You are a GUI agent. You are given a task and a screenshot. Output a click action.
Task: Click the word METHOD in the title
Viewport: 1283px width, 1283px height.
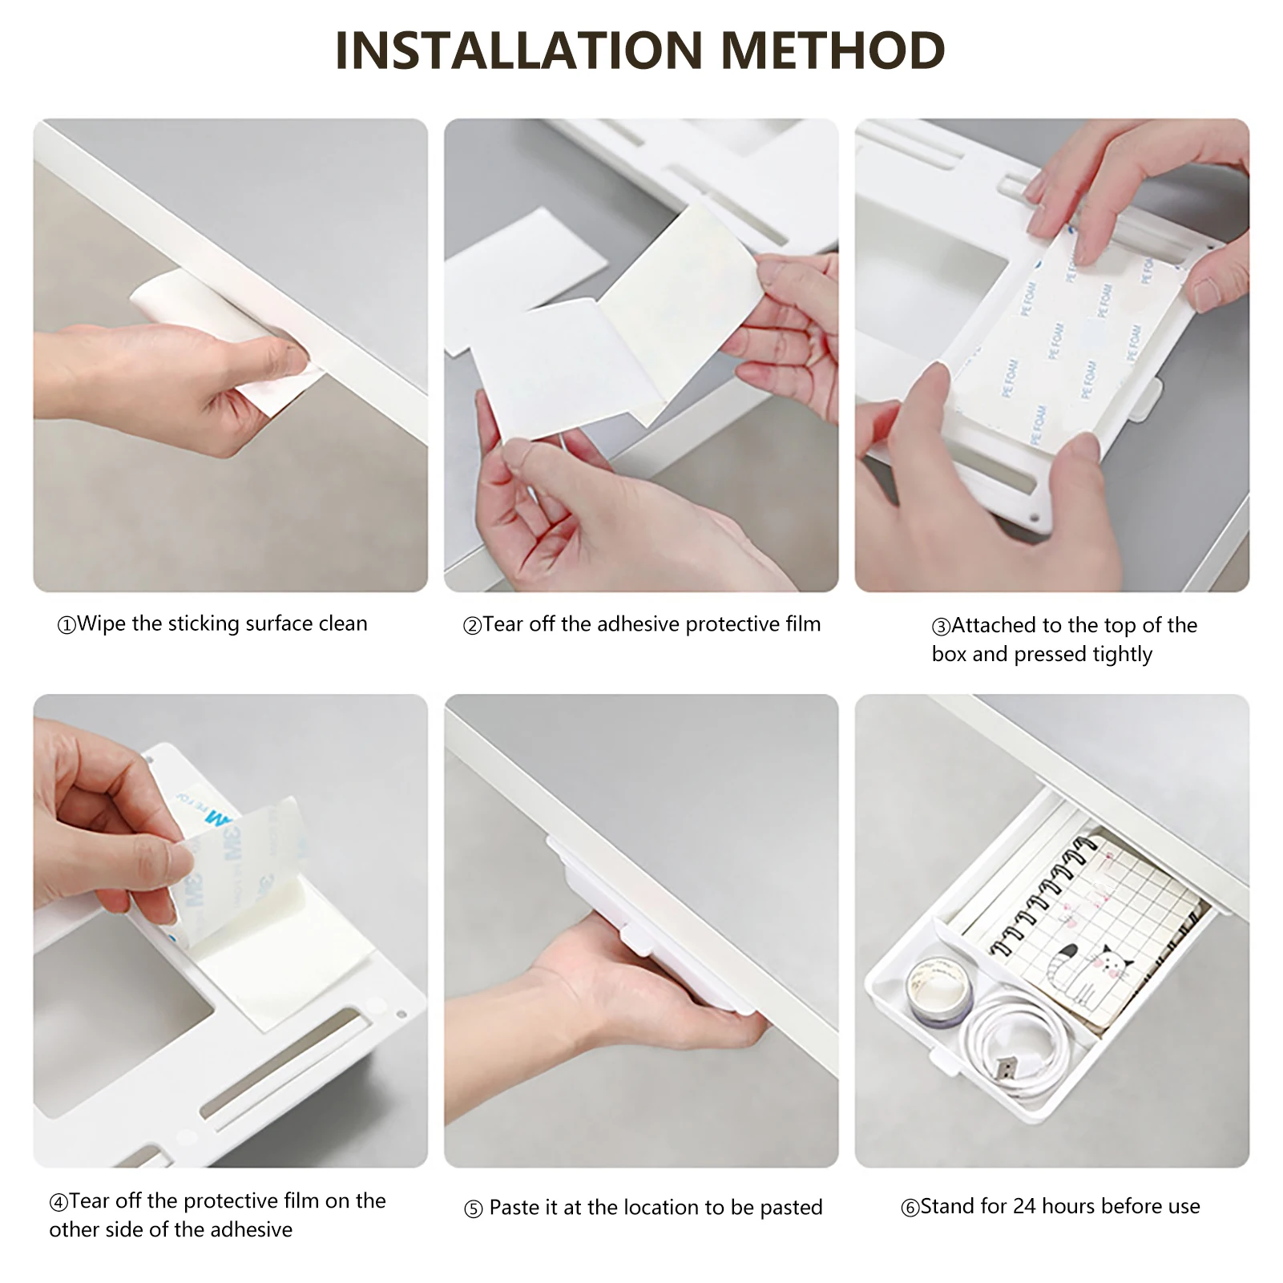pyautogui.click(x=833, y=50)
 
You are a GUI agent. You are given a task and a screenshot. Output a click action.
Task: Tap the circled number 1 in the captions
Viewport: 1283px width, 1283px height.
pyautogui.click(x=67, y=625)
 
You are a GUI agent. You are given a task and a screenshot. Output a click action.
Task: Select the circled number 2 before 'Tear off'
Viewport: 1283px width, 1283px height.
pyautogui.click(x=473, y=626)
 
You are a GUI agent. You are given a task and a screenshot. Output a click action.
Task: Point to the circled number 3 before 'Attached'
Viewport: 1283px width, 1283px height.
pyautogui.click(x=941, y=627)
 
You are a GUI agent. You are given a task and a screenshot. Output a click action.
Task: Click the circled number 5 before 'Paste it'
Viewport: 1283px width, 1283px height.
pyautogui.click(x=474, y=1209)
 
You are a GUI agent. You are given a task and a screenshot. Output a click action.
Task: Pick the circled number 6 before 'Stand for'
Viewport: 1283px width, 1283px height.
pyautogui.click(x=910, y=1208)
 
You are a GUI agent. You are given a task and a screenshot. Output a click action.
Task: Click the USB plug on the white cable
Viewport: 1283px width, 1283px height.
pyautogui.click(x=1005, y=1068)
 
